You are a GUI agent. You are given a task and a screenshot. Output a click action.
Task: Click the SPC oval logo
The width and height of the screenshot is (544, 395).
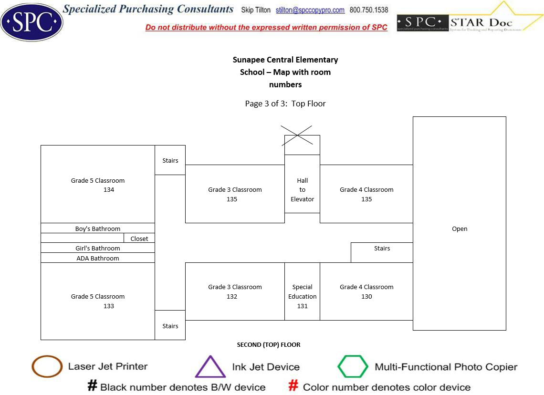coord(31,21)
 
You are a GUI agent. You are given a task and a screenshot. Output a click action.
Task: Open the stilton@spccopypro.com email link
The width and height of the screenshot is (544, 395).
coord(310,10)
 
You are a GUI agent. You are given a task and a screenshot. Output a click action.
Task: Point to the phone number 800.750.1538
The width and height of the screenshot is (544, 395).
coord(369,10)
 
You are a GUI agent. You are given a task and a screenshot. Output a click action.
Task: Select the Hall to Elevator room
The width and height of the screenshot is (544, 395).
coord(302,189)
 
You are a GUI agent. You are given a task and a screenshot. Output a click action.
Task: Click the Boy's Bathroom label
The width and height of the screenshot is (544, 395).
coord(98,229)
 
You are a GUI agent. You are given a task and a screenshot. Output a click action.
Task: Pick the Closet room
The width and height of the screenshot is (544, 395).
coord(139,239)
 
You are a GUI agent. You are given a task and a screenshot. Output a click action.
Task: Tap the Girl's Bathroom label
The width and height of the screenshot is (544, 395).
coord(98,248)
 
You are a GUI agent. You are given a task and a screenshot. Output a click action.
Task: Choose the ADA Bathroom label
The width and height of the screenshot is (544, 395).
coord(98,258)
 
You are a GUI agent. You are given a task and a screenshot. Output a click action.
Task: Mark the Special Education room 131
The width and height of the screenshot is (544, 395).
coord(302,296)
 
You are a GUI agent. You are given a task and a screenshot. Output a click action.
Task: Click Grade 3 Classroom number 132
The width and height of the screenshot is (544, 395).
coord(232,296)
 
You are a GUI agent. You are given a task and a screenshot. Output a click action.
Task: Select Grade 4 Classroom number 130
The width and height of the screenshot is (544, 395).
coord(366,296)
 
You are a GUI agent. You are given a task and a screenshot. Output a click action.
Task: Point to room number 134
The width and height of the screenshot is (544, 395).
coord(109,189)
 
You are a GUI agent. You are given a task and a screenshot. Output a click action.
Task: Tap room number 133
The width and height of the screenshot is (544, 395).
coord(109,306)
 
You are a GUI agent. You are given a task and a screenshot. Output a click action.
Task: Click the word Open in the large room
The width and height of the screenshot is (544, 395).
coord(460,229)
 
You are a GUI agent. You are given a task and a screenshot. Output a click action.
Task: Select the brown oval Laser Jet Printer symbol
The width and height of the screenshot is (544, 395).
coord(47,366)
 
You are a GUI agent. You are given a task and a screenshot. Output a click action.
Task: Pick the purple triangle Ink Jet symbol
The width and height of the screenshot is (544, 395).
coord(210,367)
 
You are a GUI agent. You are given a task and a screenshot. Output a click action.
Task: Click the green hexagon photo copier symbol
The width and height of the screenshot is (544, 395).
coord(353,366)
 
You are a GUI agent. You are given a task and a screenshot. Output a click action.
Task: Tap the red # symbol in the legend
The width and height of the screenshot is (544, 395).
coord(293,386)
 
